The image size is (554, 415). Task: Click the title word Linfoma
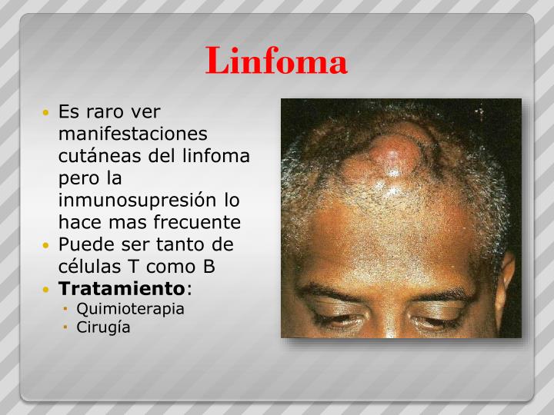click(276, 61)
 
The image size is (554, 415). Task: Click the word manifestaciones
click(133, 134)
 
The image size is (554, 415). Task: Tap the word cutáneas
click(95, 156)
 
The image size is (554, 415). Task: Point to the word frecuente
click(199, 223)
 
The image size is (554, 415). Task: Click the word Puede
click(83, 245)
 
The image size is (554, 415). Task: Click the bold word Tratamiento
click(122, 290)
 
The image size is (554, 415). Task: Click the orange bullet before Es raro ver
click(48, 112)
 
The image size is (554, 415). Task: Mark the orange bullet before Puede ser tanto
click(48, 246)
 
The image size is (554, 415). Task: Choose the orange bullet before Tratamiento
click(48, 290)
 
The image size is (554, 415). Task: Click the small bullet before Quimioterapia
click(66, 310)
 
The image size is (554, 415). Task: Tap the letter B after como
click(209, 267)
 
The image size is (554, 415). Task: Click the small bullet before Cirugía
click(66, 328)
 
